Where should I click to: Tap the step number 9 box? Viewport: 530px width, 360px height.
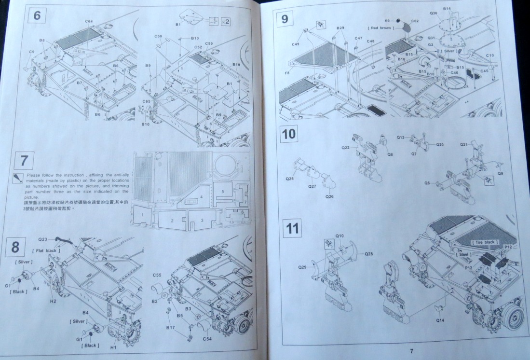[x=285, y=19]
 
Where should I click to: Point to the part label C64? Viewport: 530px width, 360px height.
[x=89, y=21]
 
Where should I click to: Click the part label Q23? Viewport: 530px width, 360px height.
[x=43, y=239]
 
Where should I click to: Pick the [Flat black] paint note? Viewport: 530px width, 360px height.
[x=46, y=250]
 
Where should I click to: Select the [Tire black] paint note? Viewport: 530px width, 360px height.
[x=485, y=241]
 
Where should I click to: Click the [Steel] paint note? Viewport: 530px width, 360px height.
[x=465, y=254]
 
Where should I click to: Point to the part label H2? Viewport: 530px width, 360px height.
[x=53, y=302]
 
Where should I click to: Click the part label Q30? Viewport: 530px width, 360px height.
[x=434, y=14]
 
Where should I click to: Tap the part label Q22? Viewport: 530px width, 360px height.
[x=345, y=148]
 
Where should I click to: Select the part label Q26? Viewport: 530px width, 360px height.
[x=329, y=196]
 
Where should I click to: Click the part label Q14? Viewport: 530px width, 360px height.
[x=440, y=320]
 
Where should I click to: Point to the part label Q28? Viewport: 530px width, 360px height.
[x=369, y=253]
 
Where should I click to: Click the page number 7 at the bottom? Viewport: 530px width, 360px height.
[x=411, y=351]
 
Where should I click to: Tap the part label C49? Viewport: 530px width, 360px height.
[x=296, y=44]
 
